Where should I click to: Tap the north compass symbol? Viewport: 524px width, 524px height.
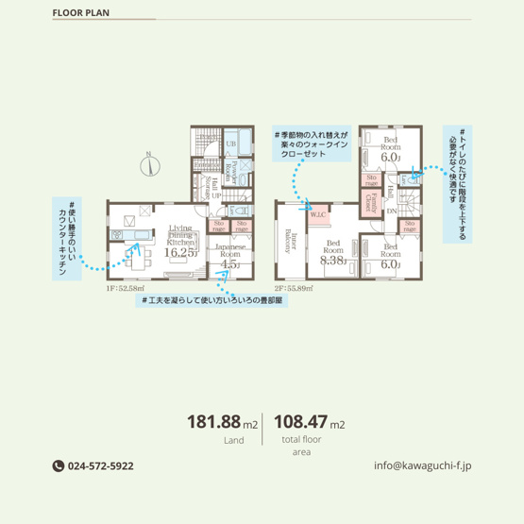148,167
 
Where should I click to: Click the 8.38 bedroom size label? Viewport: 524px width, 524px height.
333,262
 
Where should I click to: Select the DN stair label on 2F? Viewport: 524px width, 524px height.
391,211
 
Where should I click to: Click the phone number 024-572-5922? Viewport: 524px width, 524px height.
99,465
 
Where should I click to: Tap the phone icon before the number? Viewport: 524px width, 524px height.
58,465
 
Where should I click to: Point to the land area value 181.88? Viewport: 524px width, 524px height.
214,422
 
